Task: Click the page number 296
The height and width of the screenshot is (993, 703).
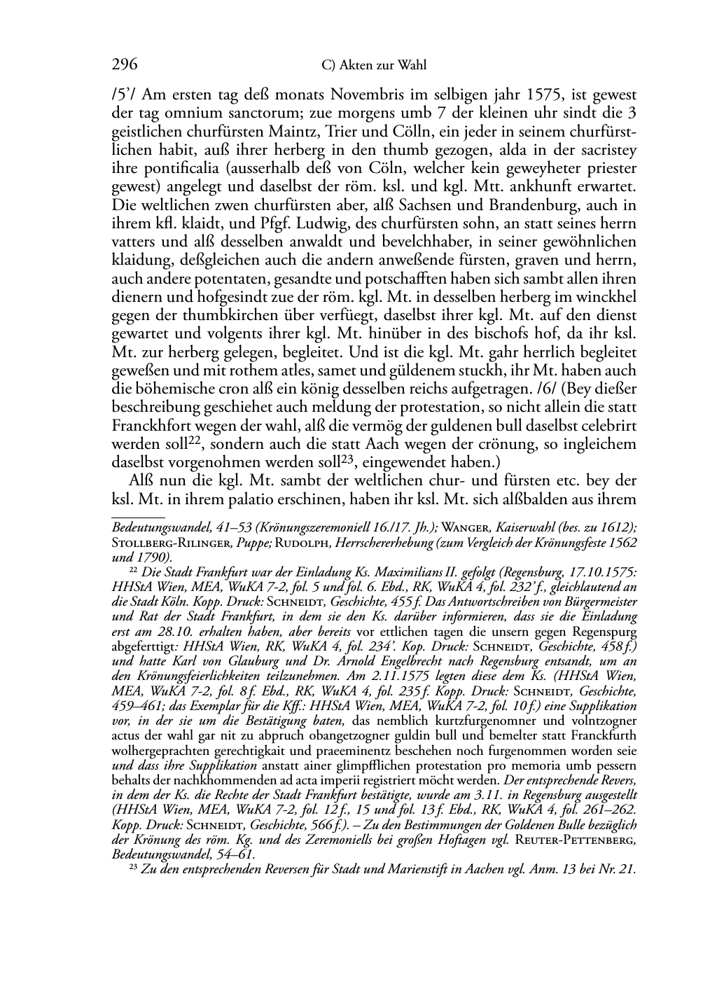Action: [125, 65]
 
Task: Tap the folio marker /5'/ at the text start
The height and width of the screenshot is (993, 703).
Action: [125, 95]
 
